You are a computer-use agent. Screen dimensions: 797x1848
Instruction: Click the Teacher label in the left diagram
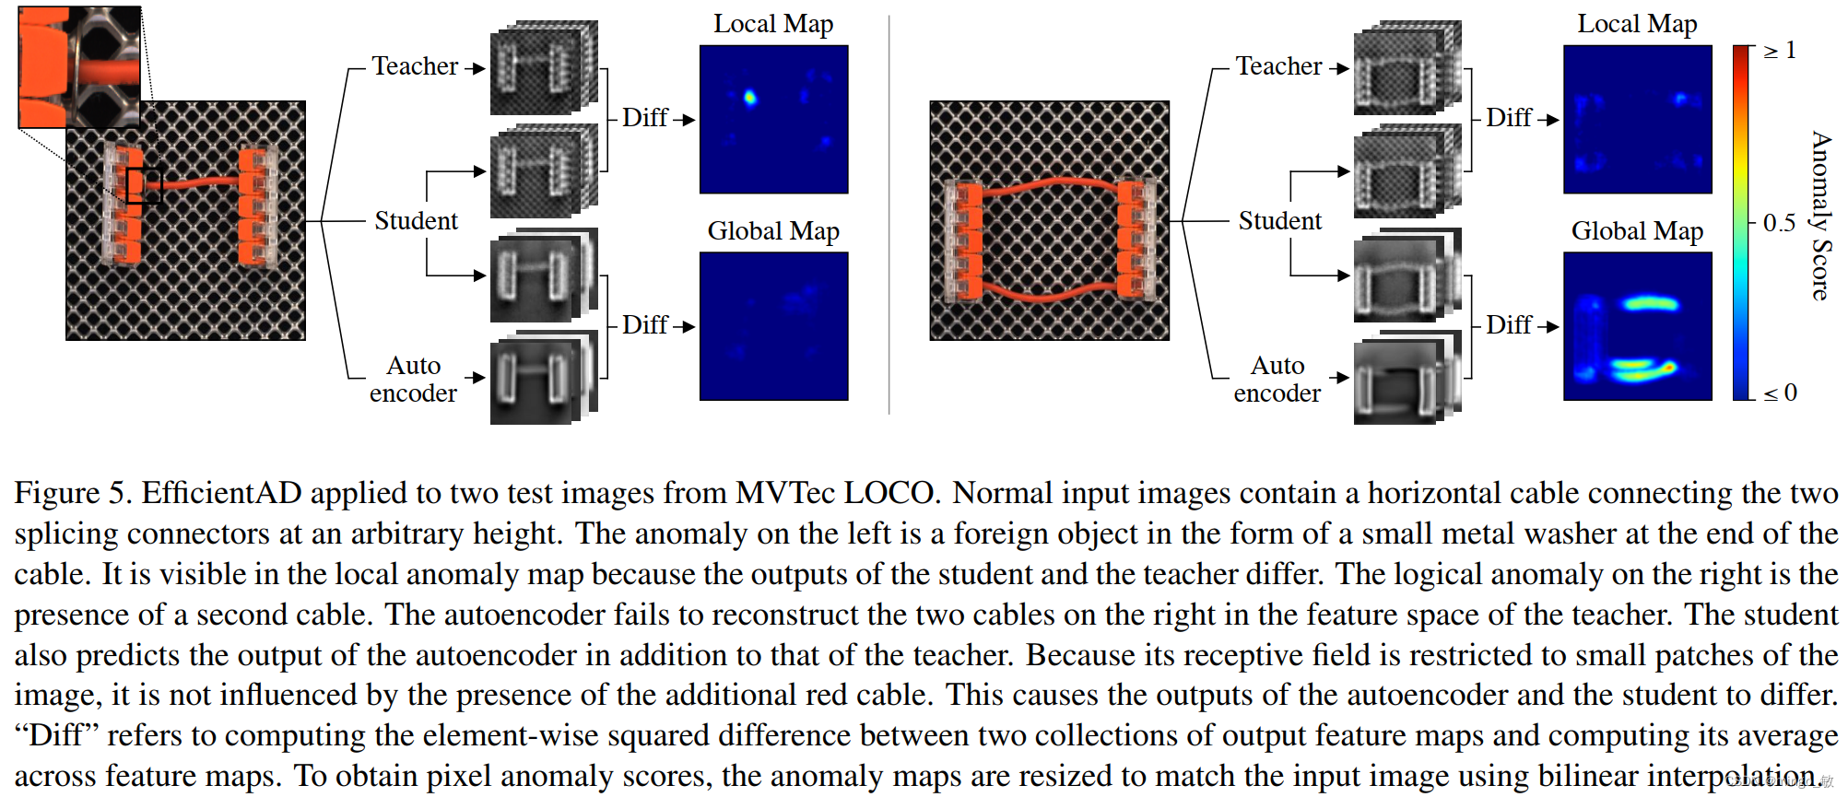(415, 66)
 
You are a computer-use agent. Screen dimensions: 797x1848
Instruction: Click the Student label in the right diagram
(1279, 221)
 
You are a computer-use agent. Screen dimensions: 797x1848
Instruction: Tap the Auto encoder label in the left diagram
(414, 379)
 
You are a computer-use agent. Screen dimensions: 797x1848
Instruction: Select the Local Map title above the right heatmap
(1637, 24)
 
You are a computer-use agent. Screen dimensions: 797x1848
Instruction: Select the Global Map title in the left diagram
(773, 231)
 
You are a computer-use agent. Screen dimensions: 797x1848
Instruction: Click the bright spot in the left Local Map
(749, 97)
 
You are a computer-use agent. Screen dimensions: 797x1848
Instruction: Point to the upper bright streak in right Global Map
(1650, 302)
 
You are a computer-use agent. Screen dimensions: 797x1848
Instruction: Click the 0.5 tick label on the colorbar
(1779, 223)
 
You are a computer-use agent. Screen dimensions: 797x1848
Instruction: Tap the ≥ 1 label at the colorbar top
(1780, 51)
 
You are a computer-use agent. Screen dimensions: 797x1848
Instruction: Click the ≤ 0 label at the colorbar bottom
(1780, 393)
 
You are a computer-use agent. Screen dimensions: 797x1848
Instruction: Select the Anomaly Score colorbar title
(1821, 216)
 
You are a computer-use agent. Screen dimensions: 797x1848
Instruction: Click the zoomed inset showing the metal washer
(79, 66)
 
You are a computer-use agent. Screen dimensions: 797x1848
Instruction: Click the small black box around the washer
(144, 185)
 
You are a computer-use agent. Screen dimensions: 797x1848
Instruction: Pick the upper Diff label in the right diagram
(1509, 118)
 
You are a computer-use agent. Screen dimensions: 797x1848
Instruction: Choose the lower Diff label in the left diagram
(644, 325)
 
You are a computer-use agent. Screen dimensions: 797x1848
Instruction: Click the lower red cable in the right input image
(1051, 293)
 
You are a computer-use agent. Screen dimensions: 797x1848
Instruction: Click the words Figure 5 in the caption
(72, 493)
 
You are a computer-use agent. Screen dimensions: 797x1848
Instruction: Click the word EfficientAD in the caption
(221, 493)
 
